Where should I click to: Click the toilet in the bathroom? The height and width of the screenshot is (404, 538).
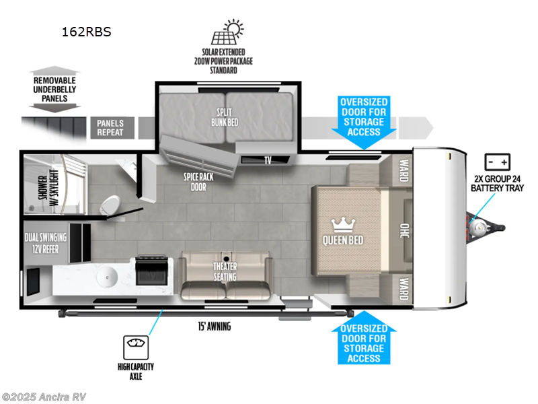pos(110,203)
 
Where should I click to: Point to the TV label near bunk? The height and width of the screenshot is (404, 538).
pos(268,160)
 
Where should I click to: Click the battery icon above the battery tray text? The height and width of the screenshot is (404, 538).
pos(498,162)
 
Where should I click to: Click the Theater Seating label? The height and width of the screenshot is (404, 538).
pos(225,272)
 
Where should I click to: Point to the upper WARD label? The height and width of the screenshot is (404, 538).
pos(403,166)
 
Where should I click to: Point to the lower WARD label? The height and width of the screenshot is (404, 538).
pos(403,286)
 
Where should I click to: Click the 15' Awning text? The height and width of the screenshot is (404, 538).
pos(213,327)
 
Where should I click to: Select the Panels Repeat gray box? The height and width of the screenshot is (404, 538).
pos(112,128)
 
